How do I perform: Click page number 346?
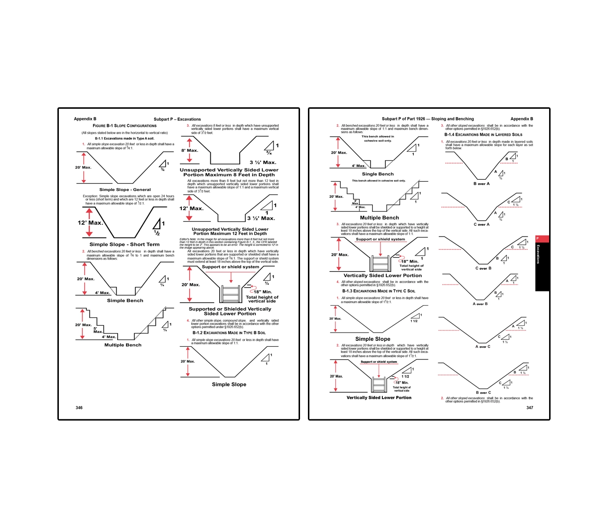(x=79, y=407)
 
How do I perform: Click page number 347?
(x=530, y=407)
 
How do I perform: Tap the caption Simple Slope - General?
(x=125, y=190)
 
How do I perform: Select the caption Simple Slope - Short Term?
(x=125, y=244)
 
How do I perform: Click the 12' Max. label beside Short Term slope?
(x=90, y=223)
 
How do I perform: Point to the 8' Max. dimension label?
(x=190, y=150)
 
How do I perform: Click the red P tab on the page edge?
(x=542, y=239)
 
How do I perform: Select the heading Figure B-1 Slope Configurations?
(x=125, y=126)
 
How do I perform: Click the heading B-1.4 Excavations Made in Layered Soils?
(x=483, y=135)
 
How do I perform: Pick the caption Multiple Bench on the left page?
(x=123, y=345)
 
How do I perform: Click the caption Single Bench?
(x=378, y=174)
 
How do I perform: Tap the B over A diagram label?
(x=481, y=184)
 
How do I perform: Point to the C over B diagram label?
(x=483, y=268)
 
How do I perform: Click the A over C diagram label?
(x=482, y=346)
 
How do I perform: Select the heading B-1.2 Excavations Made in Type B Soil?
(x=229, y=333)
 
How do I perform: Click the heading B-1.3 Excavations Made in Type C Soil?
(x=379, y=291)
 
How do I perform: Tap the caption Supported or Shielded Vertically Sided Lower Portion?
(x=230, y=311)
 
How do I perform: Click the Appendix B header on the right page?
(x=521, y=119)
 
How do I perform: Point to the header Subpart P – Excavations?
(x=177, y=119)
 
